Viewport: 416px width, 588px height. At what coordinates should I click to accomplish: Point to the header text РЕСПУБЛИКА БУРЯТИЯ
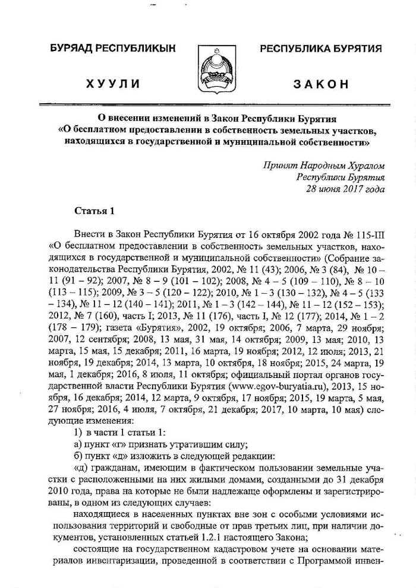(x=321, y=49)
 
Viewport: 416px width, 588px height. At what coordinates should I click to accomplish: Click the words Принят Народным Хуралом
(x=324, y=165)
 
